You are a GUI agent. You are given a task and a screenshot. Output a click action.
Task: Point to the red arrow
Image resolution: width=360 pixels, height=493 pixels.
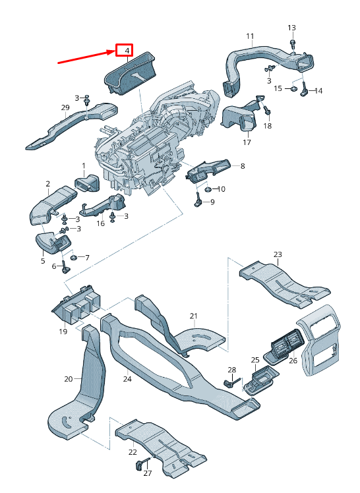pos(87,57)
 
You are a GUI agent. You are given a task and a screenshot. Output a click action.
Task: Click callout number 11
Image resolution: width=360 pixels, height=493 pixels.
pos(250,36)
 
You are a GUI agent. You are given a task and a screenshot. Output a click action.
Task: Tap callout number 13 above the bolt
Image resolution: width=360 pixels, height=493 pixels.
pos(292,28)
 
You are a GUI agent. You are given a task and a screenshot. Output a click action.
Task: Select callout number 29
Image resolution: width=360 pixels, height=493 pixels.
pos(65,107)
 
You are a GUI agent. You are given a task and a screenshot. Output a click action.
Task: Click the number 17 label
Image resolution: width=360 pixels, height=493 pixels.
pos(247,142)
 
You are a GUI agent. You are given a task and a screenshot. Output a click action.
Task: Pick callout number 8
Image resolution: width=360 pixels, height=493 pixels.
pos(243,165)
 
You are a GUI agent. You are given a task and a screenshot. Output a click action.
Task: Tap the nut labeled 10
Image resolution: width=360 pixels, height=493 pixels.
pos(208,189)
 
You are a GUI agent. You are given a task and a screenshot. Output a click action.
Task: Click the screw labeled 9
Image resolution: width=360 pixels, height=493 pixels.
pos(198,200)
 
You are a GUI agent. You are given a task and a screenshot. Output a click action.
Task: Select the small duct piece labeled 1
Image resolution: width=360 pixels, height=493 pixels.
pos(86,183)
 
